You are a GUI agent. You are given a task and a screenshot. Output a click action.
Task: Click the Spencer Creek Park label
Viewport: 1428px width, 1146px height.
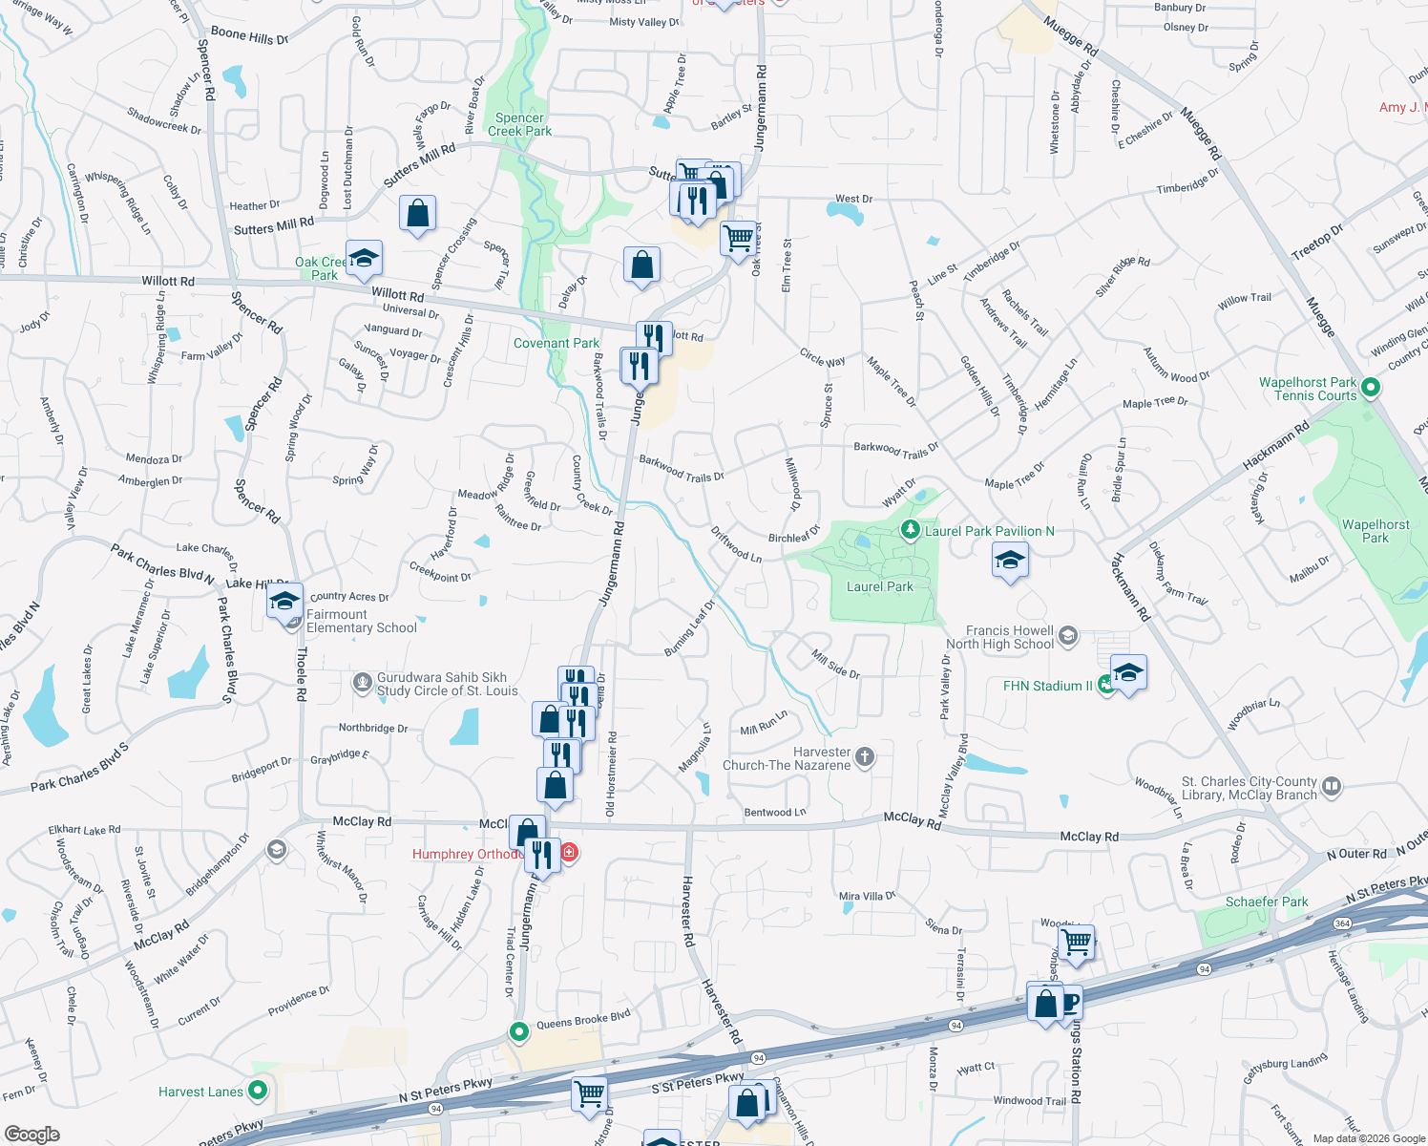tap(519, 124)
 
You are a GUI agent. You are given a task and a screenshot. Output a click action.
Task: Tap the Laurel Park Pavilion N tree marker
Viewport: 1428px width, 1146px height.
tap(911, 530)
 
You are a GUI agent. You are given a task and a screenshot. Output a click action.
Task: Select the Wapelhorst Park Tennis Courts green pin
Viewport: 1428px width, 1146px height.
tap(1371, 388)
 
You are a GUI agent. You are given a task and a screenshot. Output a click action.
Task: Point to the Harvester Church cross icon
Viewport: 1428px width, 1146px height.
tap(864, 757)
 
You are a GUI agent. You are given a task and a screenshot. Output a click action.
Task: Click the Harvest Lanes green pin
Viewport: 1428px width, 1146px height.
tap(257, 1090)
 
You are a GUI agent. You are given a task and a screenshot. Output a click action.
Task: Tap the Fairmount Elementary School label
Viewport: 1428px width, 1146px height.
tap(361, 621)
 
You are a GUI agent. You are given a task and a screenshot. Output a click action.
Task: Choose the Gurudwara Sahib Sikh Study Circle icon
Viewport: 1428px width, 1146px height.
tap(362, 682)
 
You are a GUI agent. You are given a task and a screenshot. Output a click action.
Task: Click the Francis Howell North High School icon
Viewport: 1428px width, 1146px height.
tap(1068, 635)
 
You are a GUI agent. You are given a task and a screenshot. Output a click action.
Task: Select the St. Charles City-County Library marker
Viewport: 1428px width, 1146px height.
tap(1332, 787)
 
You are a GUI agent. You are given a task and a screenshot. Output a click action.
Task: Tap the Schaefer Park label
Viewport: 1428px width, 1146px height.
tap(1266, 902)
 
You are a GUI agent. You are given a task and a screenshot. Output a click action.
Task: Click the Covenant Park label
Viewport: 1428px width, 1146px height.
tap(556, 343)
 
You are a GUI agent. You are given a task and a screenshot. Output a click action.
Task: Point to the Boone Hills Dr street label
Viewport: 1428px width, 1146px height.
tap(249, 36)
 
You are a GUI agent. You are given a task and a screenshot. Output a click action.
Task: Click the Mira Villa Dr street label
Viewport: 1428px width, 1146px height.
tap(867, 896)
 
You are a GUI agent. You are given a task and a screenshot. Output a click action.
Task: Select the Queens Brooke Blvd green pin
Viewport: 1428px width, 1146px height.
tap(518, 1031)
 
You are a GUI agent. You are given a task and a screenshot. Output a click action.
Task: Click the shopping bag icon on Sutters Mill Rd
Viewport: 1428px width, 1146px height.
tap(418, 213)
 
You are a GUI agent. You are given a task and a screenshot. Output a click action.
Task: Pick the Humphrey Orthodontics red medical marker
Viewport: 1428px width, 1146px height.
tap(569, 852)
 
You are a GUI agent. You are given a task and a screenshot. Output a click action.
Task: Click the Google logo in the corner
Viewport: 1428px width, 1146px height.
tap(31, 1134)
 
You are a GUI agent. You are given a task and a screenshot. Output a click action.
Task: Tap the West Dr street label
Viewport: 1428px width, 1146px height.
tap(853, 199)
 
